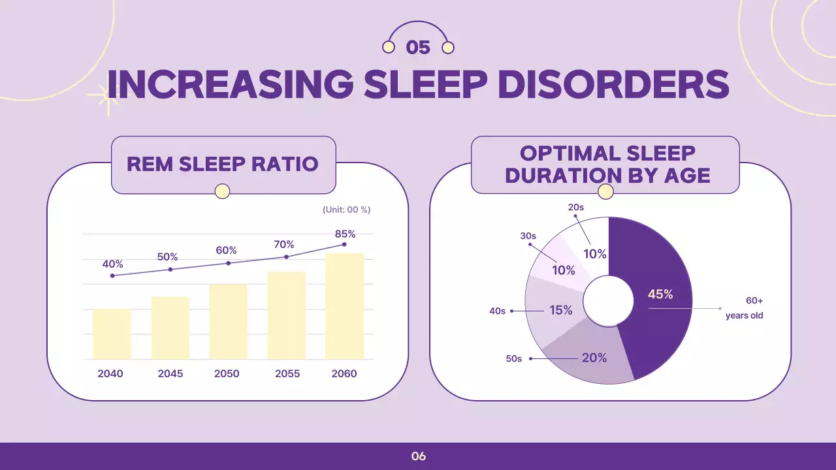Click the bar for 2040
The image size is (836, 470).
point(112,334)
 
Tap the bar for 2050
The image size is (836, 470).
point(228,321)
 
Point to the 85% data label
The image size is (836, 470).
point(345,234)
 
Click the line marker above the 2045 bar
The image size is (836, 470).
point(170,270)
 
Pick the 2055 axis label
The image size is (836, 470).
point(287,374)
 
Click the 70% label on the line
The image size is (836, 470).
point(285,245)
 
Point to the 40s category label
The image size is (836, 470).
point(498,311)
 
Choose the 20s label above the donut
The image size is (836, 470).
point(575,207)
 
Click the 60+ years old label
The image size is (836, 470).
point(745,308)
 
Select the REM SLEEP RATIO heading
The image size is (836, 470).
point(223,164)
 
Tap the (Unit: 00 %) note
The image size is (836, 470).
point(346,210)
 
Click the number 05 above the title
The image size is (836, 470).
point(418,48)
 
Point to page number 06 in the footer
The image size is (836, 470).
point(419,456)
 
